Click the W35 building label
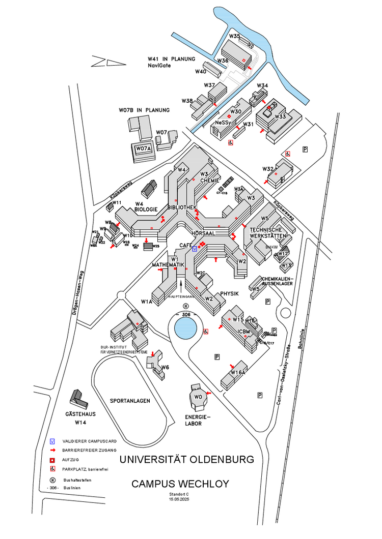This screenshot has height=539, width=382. coord(234,36)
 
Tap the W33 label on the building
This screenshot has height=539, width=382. coord(280,116)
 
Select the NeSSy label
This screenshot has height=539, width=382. coord(223,123)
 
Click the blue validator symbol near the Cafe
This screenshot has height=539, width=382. coord(195,249)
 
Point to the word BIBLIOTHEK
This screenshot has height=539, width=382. coord(182,207)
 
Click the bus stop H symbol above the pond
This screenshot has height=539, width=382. coord(186,306)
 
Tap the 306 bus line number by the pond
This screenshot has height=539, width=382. coord(186,314)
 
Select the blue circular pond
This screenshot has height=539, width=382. coord(186,328)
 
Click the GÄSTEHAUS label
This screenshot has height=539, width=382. coord(81,414)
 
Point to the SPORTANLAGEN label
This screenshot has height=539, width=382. coord(130,401)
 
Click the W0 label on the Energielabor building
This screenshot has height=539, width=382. coord(199,396)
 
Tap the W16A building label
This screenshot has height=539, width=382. coord(238,373)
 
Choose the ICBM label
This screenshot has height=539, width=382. coord(244,332)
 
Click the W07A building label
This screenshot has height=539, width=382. coord(143,148)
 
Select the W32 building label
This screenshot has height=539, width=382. coord(268,169)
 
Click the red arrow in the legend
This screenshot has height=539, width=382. coord(52,450)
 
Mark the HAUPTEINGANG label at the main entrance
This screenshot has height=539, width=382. coord(181,295)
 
